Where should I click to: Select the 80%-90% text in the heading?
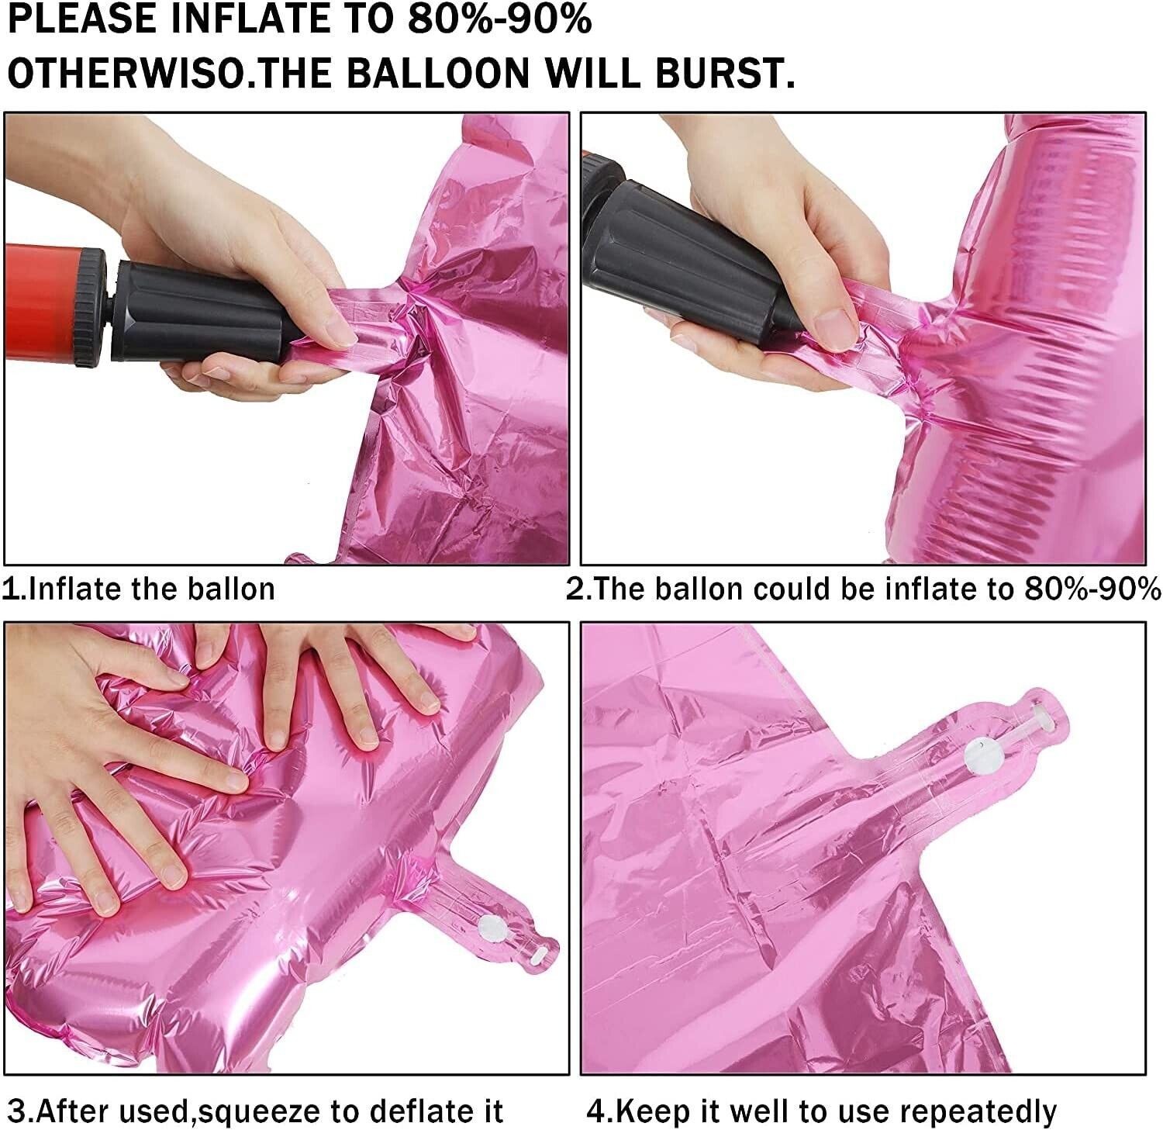click(x=498, y=19)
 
